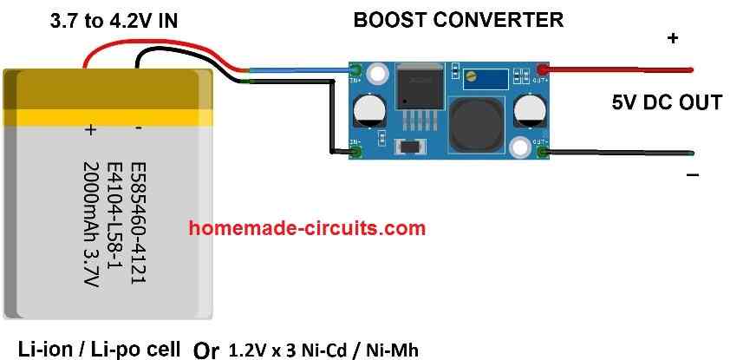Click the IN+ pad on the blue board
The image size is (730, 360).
tap(355, 69)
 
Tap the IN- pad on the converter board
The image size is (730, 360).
tap(355, 154)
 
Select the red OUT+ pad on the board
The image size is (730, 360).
tap(542, 69)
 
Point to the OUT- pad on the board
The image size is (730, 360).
tap(542, 154)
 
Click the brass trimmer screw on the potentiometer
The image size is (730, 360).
tap(471, 78)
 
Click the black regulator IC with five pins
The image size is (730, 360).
tap(418, 90)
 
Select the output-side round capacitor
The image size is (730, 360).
tap(528, 111)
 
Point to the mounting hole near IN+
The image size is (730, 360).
tap(376, 75)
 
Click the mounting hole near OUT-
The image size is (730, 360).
tap(519, 148)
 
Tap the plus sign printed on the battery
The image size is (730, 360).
tap(89, 129)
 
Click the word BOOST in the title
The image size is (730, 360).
tap(385, 19)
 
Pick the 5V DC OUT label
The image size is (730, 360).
tap(666, 102)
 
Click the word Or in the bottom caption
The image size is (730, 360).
tap(206, 350)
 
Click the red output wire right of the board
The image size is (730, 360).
tap(620, 69)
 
